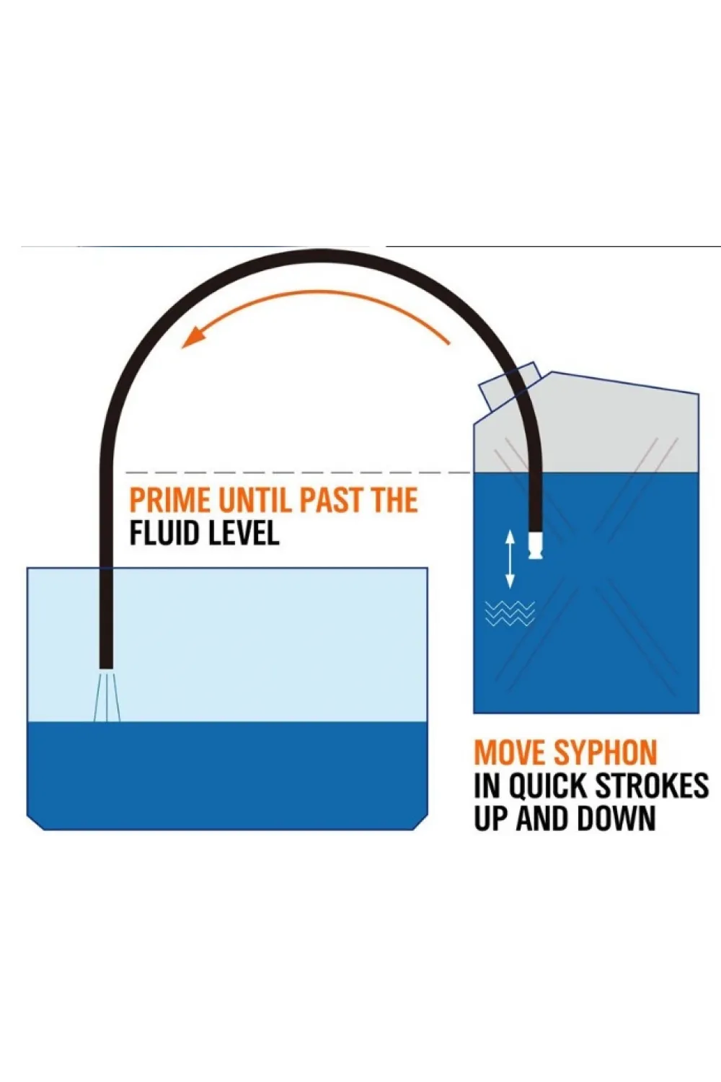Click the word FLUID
(166, 533)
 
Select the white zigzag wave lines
(510, 613)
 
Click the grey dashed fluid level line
(298, 472)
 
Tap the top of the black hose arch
(319, 257)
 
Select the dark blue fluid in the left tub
(227, 775)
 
